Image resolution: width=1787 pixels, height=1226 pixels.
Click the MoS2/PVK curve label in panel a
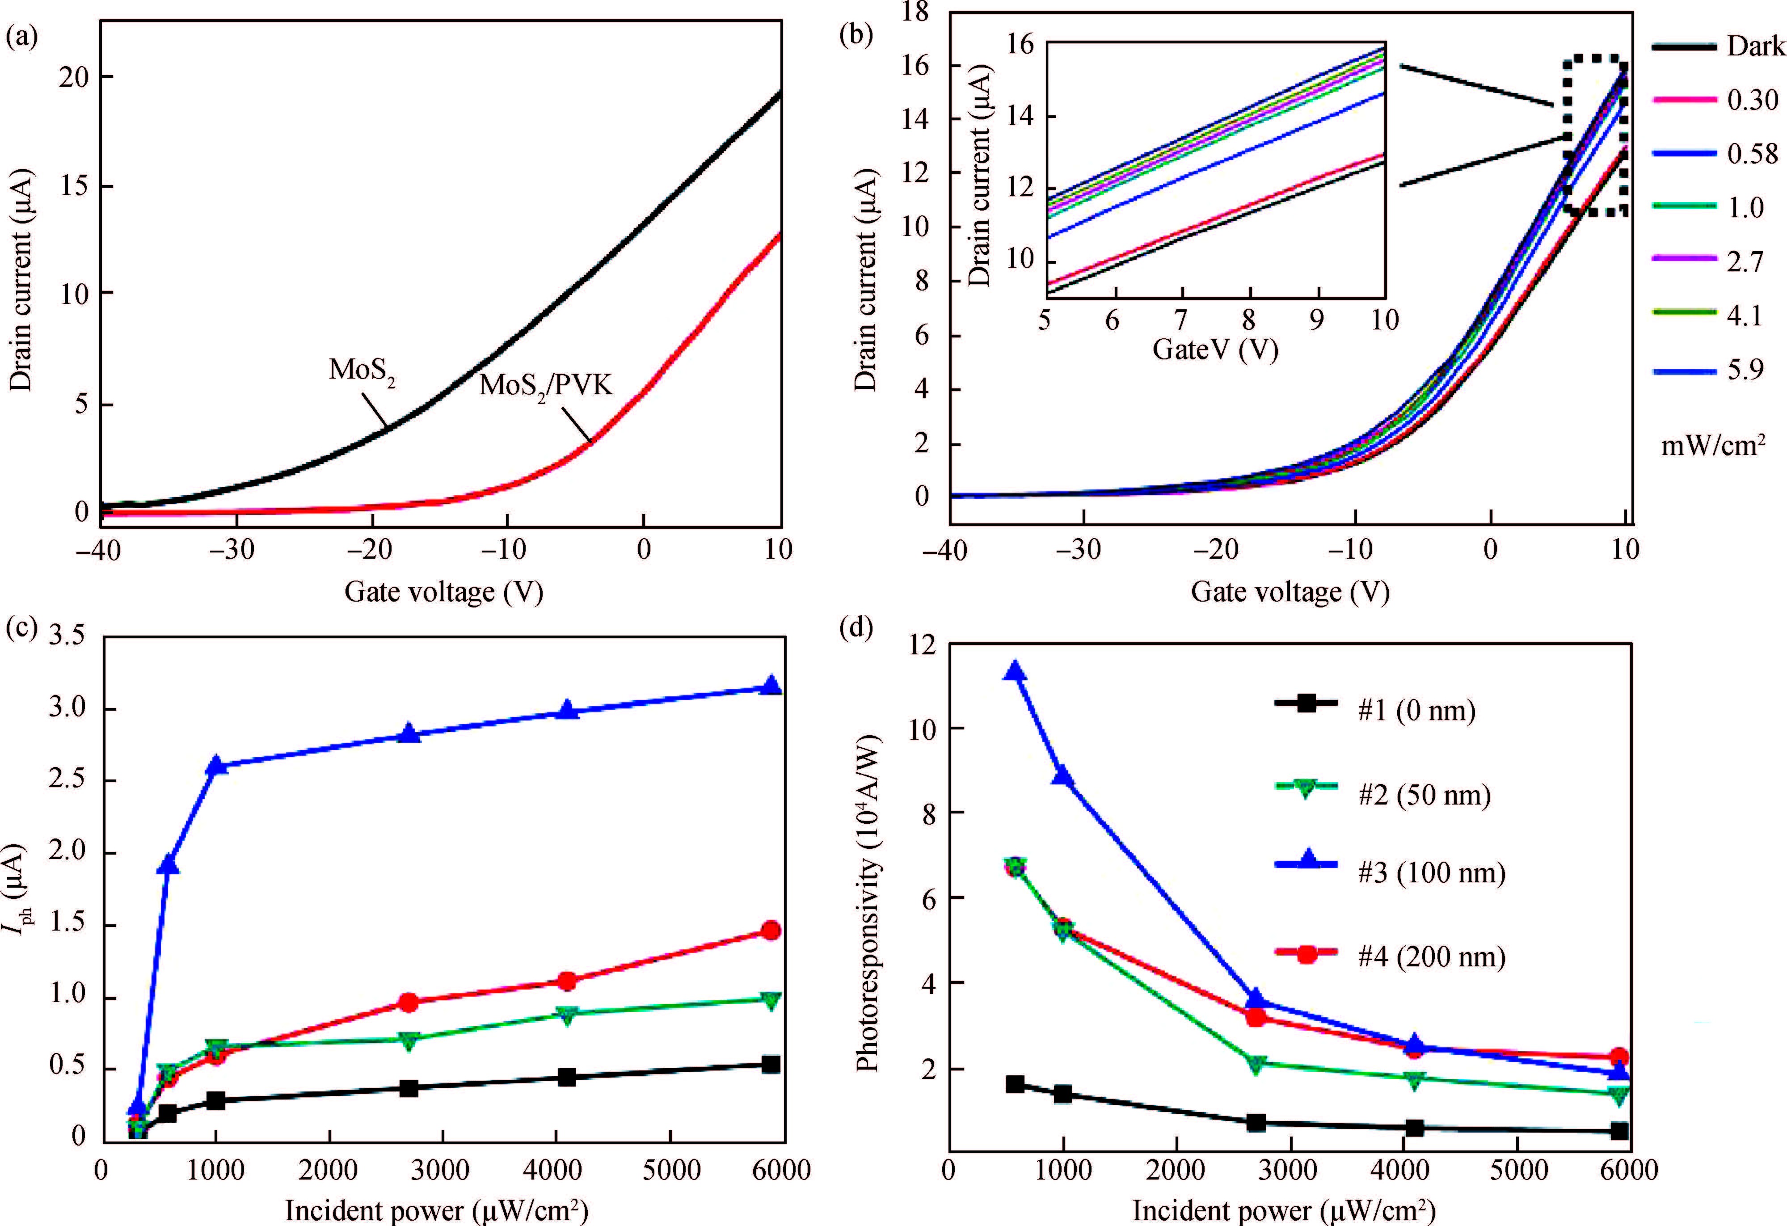point(546,384)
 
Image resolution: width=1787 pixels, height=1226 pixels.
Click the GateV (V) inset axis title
point(1215,350)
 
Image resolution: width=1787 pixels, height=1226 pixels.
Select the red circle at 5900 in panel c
point(771,931)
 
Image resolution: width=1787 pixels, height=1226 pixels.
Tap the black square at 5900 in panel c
point(771,1065)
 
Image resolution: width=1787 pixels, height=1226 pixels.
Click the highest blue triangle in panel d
point(1015,671)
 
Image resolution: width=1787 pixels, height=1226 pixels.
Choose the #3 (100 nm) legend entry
point(1430,873)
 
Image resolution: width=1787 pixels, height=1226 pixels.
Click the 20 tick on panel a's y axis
point(74,77)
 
